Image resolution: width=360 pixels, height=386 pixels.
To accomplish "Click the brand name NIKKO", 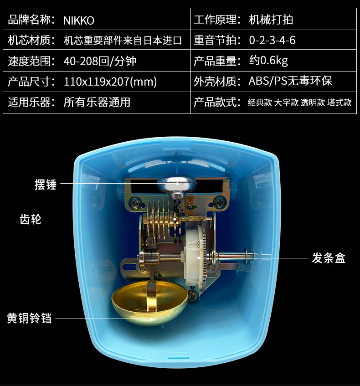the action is coord(79,20).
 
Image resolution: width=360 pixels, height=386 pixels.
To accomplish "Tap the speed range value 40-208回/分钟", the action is coord(100,61).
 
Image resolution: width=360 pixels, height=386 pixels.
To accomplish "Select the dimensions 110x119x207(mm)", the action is coord(110,82).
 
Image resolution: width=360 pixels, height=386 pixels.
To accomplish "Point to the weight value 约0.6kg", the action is coord(268,61).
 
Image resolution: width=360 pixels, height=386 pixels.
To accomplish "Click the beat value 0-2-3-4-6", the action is coord(272,41).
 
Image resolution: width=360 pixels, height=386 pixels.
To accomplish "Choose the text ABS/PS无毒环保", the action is coord(290,82).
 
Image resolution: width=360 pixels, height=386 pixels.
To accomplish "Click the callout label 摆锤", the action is coord(45,185).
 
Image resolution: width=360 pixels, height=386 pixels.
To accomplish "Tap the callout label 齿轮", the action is coord(31,219).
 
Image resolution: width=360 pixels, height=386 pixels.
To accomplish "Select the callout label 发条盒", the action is coord(329,258).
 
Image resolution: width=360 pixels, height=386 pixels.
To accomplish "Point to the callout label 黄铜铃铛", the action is coord(29,318).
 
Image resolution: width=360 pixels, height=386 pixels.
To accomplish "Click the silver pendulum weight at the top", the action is coord(177,184).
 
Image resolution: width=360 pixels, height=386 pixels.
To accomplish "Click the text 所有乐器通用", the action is coord(97,102).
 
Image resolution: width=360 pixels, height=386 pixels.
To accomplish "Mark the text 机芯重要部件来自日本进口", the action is coord(123,41).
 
